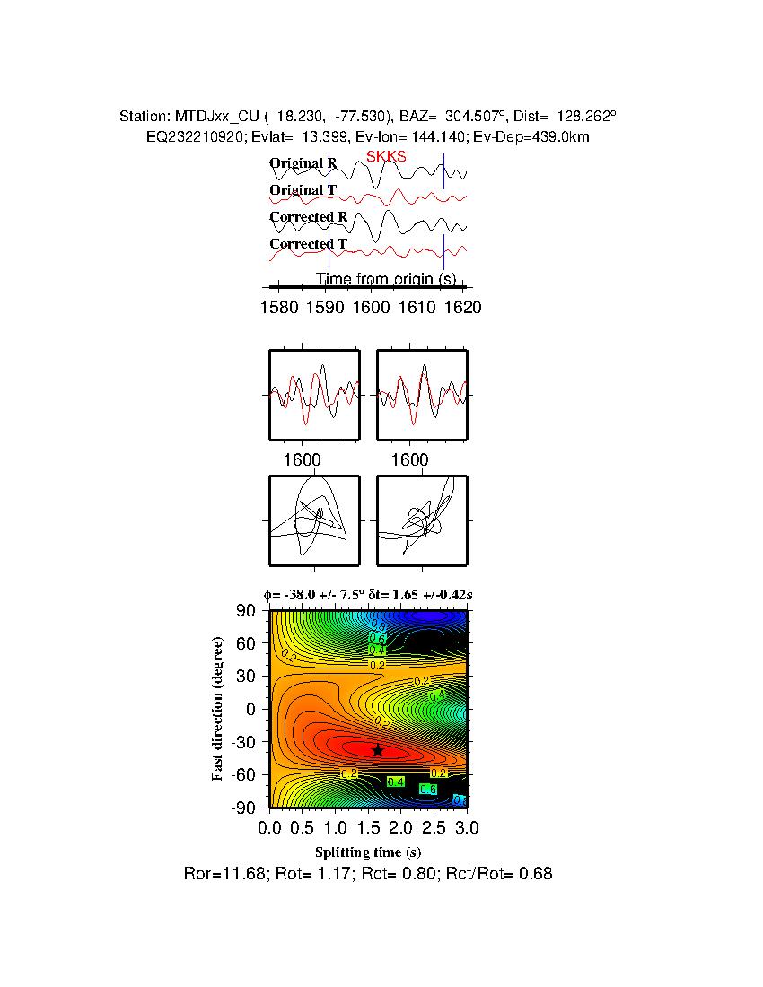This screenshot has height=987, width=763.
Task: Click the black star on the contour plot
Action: tap(378, 750)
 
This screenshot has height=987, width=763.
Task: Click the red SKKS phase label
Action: tap(386, 156)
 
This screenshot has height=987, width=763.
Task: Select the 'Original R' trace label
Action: tap(303, 163)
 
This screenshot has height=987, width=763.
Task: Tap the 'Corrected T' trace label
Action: tap(308, 244)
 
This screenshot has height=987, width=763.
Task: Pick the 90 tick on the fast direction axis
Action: tap(248, 611)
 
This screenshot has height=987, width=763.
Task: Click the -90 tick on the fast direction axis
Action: tap(245, 808)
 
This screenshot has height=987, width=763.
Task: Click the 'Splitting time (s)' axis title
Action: tap(368, 852)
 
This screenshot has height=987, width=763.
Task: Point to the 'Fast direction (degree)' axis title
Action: tap(217, 709)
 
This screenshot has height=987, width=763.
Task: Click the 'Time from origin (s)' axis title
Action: tap(386, 279)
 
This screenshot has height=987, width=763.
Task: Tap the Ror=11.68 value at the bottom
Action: tap(218, 873)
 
